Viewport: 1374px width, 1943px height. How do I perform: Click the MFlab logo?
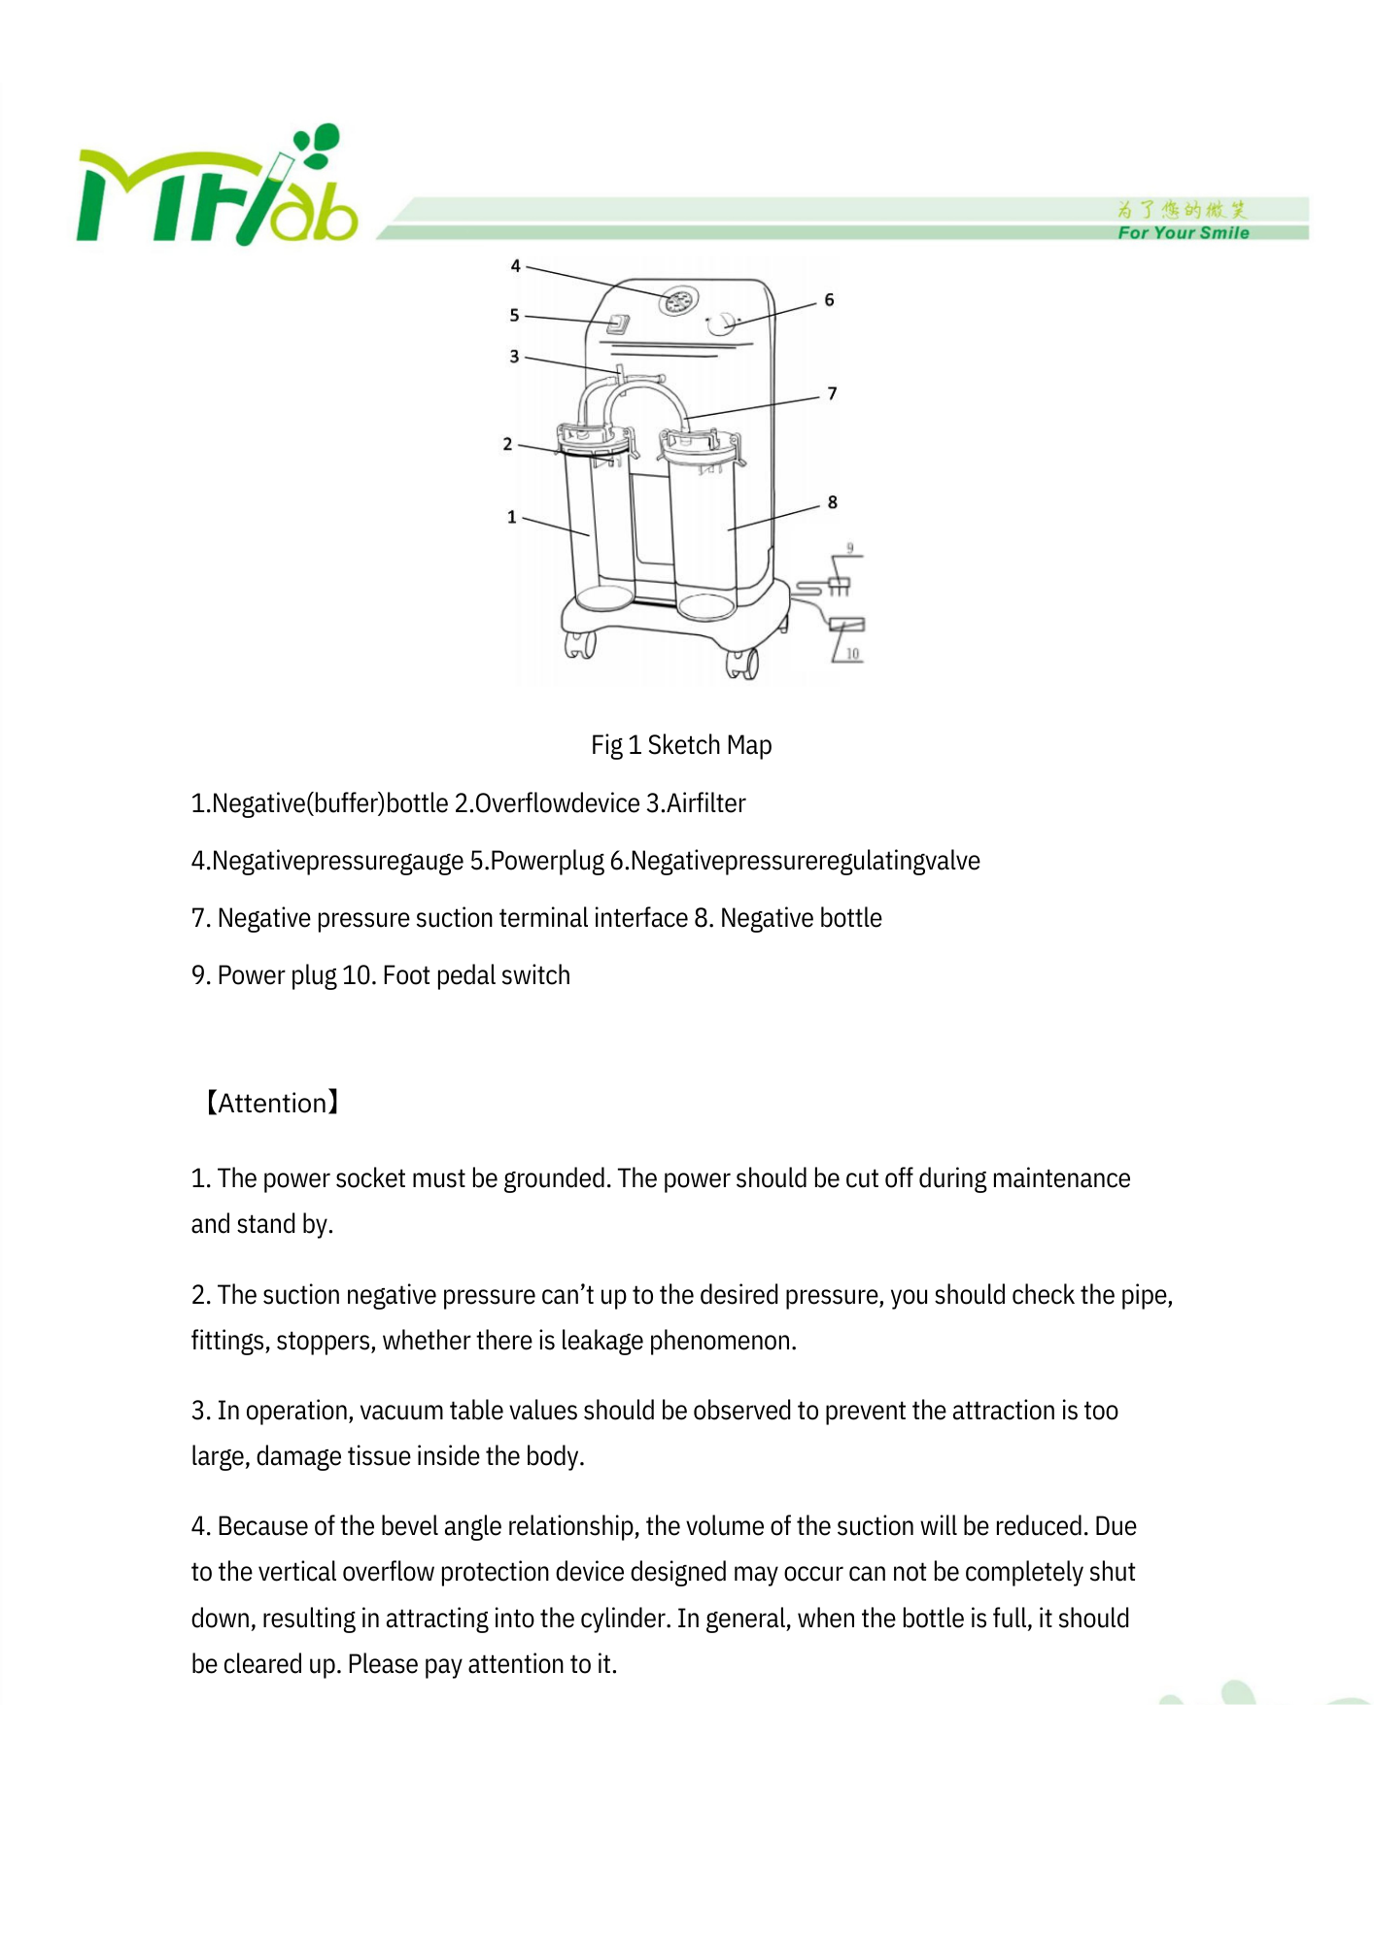(217, 188)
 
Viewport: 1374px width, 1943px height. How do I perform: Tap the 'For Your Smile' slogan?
(1183, 233)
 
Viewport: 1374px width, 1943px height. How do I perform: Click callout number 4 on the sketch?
(516, 266)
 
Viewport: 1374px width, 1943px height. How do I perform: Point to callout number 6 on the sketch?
(829, 300)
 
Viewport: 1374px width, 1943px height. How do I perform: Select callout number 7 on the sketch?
(832, 393)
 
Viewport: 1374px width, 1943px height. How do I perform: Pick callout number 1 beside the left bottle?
(512, 517)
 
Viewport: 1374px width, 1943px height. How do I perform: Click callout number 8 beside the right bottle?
(832, 502)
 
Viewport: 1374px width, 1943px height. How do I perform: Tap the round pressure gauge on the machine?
(678, 301)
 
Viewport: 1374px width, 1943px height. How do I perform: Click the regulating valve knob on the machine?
(722, 324)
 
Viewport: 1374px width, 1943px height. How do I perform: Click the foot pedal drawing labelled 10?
(847, 625)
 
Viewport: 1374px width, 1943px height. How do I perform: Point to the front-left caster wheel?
(580, 644)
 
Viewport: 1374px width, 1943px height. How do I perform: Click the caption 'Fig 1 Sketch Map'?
(681, 745)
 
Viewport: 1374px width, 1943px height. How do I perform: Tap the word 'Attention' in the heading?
(272, 1104)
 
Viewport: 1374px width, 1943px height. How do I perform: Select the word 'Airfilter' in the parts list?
(705, 803)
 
